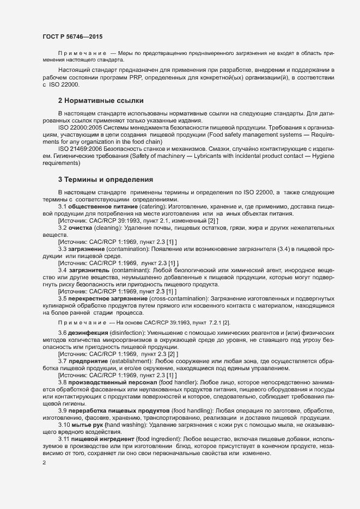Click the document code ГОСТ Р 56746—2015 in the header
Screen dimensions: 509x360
[72, 36]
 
